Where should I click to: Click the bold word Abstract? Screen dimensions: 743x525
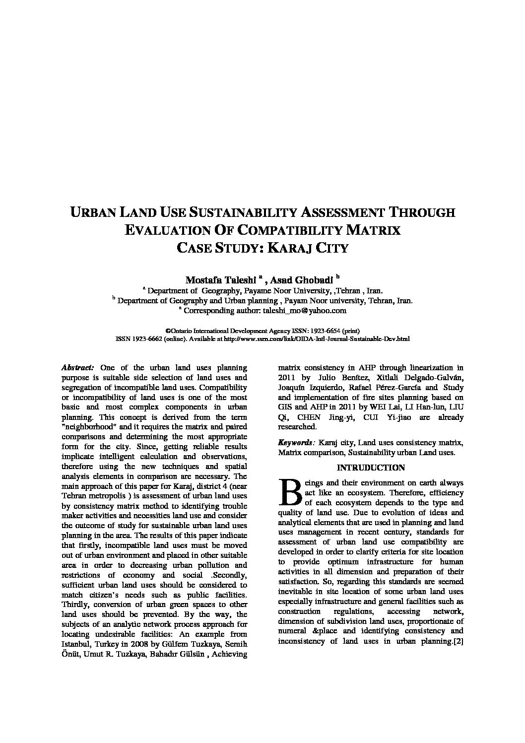[x=77, y=368]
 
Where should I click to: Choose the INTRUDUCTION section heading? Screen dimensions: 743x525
[x=371, y=468]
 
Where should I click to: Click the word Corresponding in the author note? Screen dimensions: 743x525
[x=207, y=311]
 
